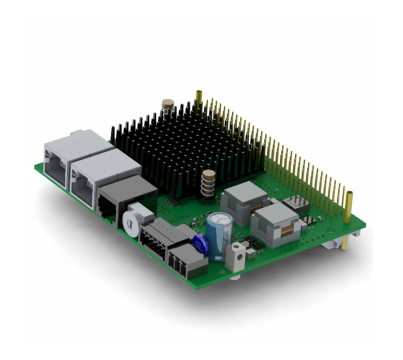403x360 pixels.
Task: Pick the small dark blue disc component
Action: (203, 244)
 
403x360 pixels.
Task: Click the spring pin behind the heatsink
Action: (168, 100)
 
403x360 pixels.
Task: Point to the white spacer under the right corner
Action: (351, 240)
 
